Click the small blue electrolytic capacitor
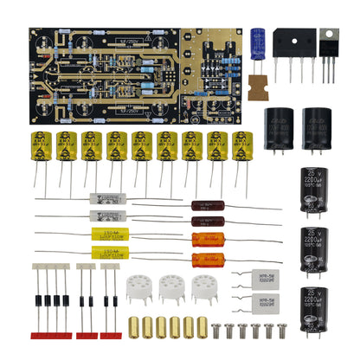258,43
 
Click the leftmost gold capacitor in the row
42,149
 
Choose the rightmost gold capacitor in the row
243,149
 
